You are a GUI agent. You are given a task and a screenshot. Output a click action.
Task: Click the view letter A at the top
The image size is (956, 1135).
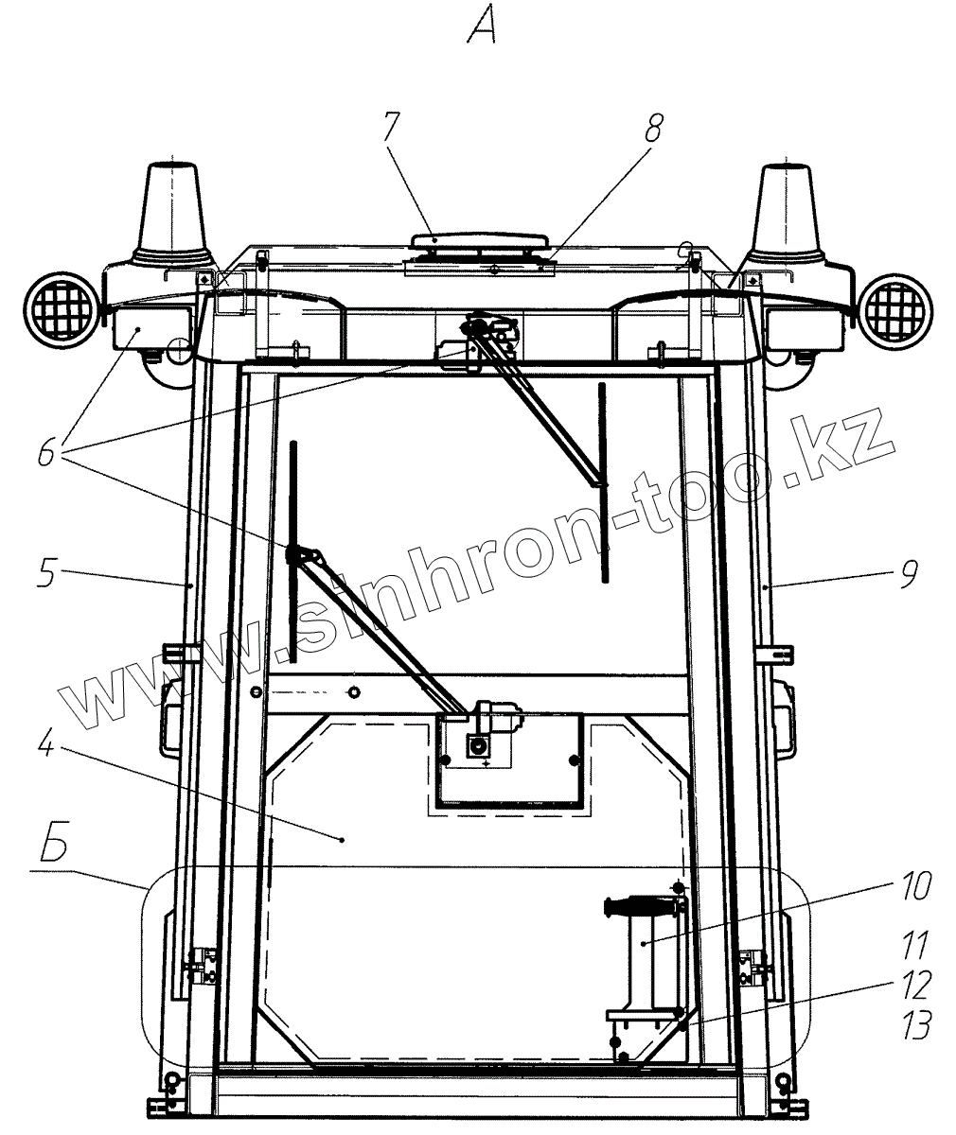(x=482, y=27)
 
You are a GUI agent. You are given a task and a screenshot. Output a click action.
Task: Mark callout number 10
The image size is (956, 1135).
(x=916, y=885)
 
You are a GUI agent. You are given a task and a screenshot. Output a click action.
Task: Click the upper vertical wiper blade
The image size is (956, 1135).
(x=603, y=482)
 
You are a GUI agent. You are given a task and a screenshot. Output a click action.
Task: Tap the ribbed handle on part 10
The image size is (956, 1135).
(x=640, y=905)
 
